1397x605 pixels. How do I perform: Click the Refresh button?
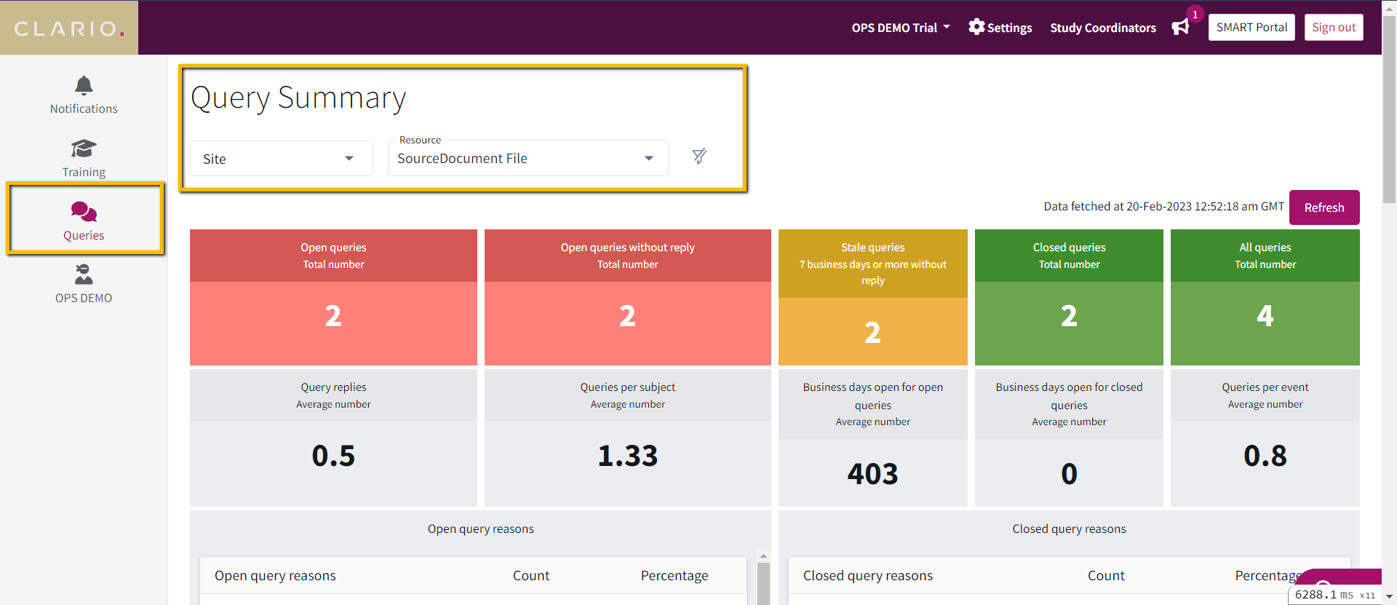coord(1324,207)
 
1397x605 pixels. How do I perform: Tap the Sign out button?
coord(1334,28)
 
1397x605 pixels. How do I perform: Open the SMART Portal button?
coord(1251,28)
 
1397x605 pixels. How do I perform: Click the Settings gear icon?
coord(976,27)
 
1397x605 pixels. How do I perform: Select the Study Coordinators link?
coord(1103,28)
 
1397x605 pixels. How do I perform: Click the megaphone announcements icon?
coord(1180,28)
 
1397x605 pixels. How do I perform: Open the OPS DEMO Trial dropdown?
coord(901,28)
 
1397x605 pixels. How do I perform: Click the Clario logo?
coord(69,28)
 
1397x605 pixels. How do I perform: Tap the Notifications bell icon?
coord(84,86)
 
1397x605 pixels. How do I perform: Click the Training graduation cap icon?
coord(84,149)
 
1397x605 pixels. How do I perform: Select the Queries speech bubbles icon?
coord(84,212)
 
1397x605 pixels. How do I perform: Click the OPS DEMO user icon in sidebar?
coord(84,274)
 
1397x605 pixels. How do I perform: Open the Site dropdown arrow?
coord(349,159)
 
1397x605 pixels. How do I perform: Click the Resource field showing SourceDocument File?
coord(528,159)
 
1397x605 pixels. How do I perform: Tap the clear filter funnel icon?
coord(699,157)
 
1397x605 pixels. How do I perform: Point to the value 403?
coord(872,474)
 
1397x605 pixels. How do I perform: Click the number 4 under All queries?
coord(1265,316)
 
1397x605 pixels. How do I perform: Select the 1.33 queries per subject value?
coord(627,456)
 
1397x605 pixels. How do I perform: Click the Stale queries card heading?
coord(873,248)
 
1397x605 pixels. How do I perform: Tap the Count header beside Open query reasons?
coord(531,576)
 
